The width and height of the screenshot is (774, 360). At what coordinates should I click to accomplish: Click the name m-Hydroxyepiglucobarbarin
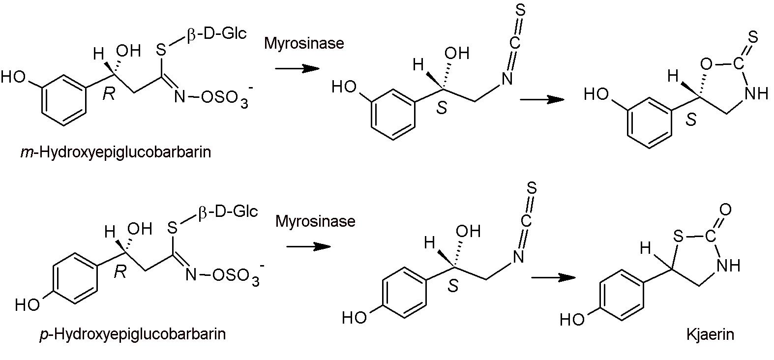[x=116, y=152]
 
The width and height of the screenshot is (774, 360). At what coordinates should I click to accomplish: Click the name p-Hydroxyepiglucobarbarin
[x=132, y=334]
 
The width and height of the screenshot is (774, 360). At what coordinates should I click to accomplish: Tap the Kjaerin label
[x=710, y=335]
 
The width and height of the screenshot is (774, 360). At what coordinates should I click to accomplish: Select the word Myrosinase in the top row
[x=304, y=43]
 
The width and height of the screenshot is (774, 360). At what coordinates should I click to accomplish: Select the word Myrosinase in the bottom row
[x=315, y=221]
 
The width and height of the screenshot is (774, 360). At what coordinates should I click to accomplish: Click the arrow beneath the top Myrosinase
[x=298, y=68]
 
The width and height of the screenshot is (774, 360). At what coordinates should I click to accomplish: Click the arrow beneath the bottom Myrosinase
[x=308, y=246]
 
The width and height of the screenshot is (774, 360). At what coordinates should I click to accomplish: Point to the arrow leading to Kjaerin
[x=553, y=277]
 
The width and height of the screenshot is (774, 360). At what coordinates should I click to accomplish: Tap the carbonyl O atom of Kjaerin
[x=725, y=210]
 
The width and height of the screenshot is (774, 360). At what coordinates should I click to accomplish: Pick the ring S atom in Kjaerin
[x=679, y=238]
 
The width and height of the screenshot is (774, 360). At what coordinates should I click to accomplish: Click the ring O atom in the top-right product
[x=706, y=64]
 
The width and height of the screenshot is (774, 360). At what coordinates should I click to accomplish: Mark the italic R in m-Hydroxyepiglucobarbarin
[x=108, y=94]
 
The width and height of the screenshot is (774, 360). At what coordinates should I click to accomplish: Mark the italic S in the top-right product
[x=691, y=120]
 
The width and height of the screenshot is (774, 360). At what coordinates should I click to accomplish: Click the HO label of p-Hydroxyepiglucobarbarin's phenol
[x=27, y=305]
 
